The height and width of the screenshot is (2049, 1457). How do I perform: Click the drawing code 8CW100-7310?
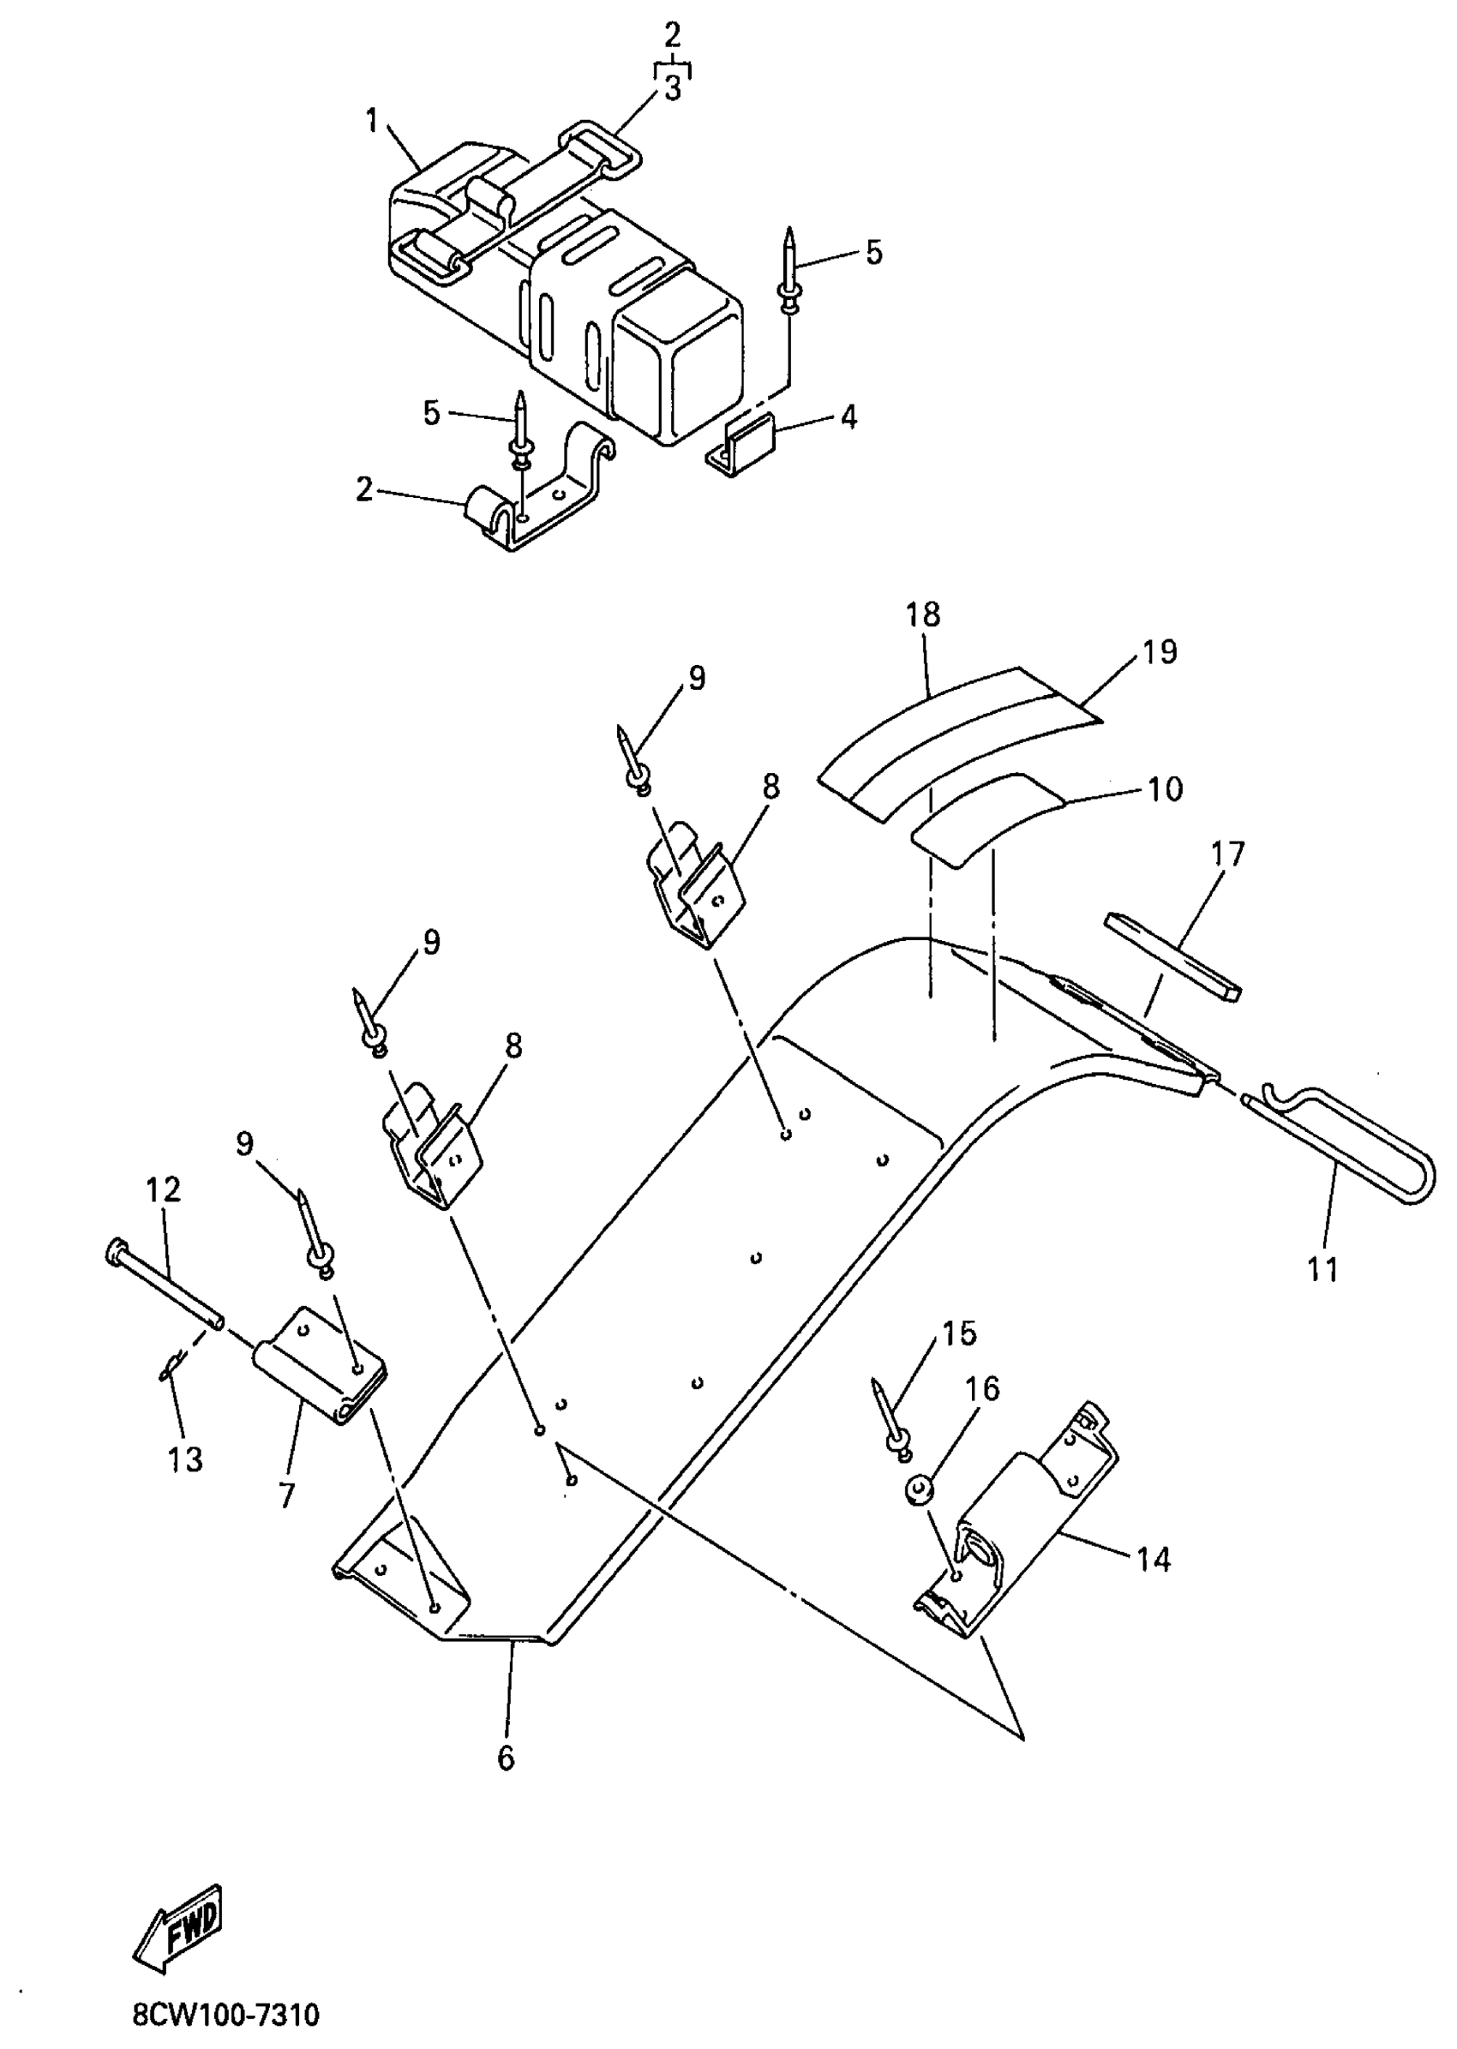(x=226, y=2015)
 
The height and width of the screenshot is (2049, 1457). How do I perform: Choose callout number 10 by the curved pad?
(x=1166, y=788)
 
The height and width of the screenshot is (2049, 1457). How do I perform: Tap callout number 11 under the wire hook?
(x=1323, y=1269)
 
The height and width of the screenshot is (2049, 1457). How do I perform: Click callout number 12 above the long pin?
(x=164, y=1189)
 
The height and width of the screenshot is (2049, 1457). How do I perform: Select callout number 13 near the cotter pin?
(x=185, y=1459)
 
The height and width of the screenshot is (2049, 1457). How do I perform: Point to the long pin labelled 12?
(x=166, y=1284)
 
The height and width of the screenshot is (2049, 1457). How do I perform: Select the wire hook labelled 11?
(x=1346, y=1146)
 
